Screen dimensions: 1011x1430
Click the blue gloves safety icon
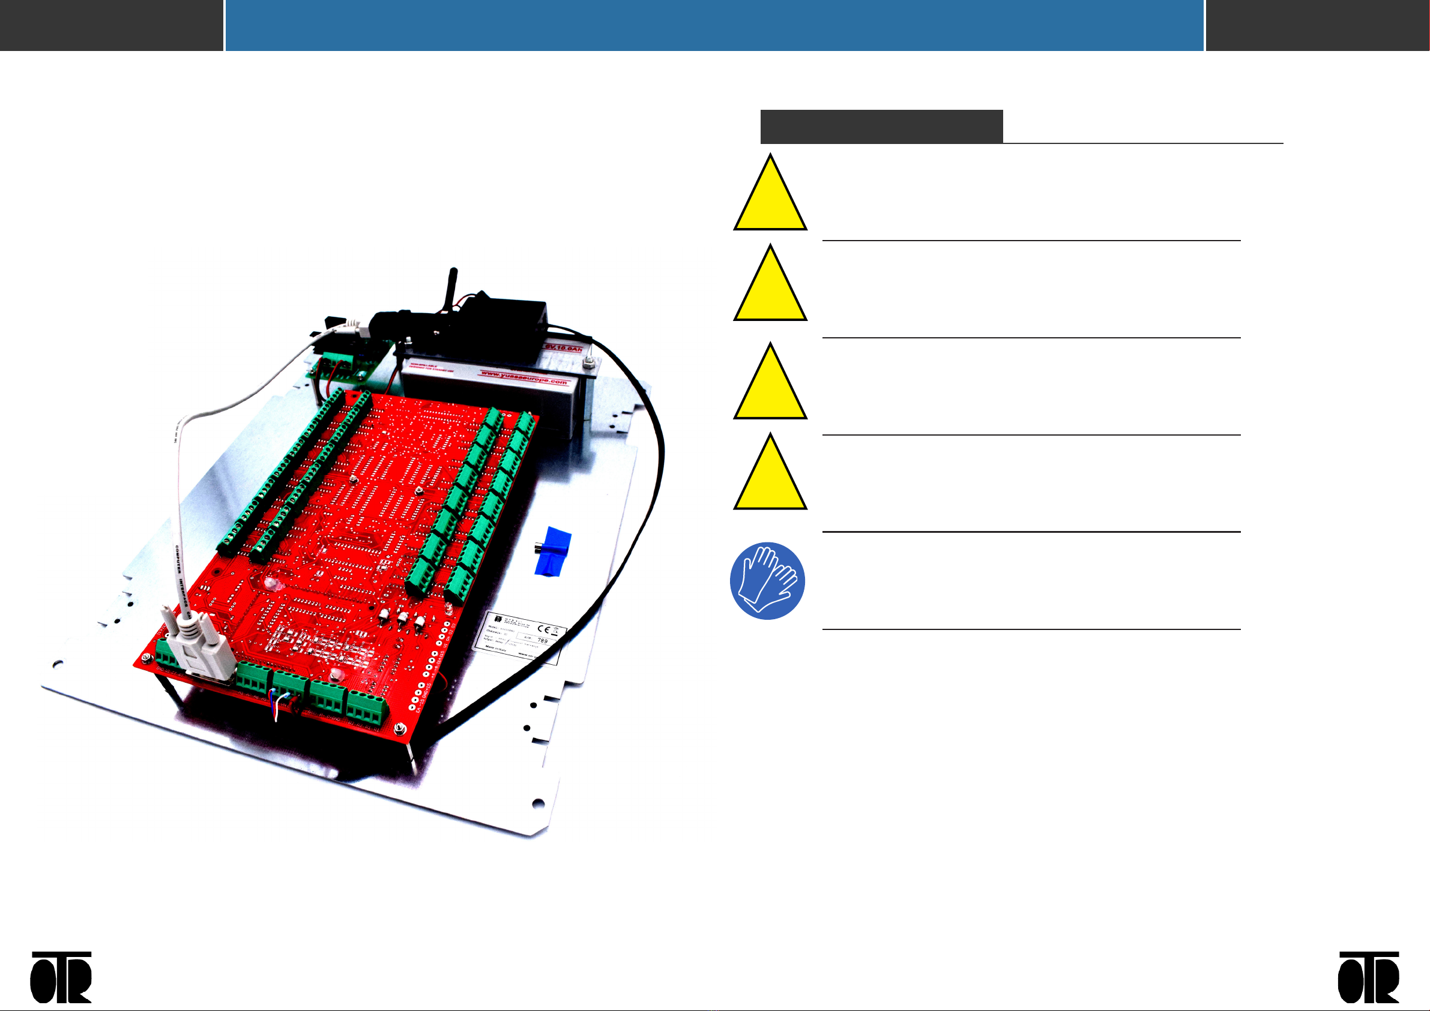pos(767,580)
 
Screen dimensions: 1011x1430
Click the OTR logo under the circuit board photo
pos(61,977)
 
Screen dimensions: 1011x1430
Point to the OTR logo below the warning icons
pos(1368,977)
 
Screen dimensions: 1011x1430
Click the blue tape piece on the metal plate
pos(553,551)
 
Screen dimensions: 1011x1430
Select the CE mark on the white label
pos(543,629)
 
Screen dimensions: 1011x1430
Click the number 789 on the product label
pos(543,640)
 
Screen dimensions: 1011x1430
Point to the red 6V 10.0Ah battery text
pos(564,346)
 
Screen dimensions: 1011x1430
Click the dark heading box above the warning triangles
pos(881,127)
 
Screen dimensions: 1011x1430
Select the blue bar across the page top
pos(714,25)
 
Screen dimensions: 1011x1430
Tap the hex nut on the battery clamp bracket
pos(587,362)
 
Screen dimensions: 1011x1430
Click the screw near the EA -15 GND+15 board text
pos(400,728)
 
